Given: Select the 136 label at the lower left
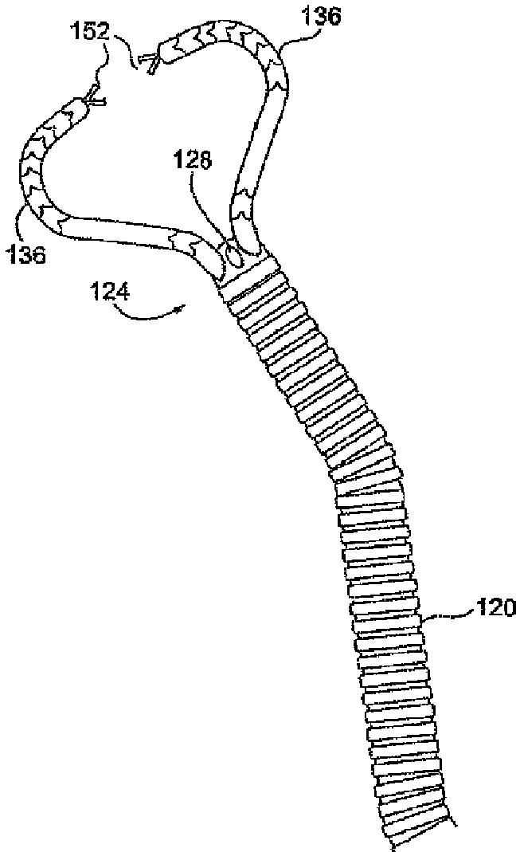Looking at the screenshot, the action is (x=26, y=253).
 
